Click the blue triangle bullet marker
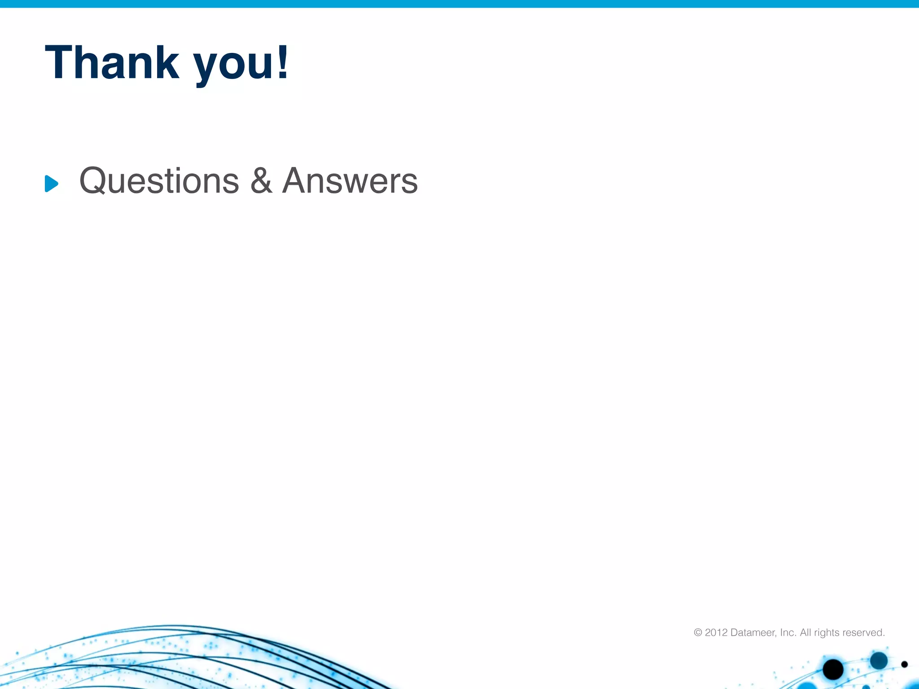coord(51,183)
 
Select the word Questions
coord(159,181)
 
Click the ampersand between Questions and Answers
coord(261,181)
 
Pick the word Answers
coord(350,181)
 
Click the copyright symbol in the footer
coord(698,632)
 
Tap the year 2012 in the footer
coord(716,632)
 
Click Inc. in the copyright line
coord(788,632)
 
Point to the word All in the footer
coord(806,632)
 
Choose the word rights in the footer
coord(827,633)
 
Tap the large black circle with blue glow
coord(833,670)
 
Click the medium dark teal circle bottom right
coord(879,660)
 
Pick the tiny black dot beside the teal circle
coord(904,664)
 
